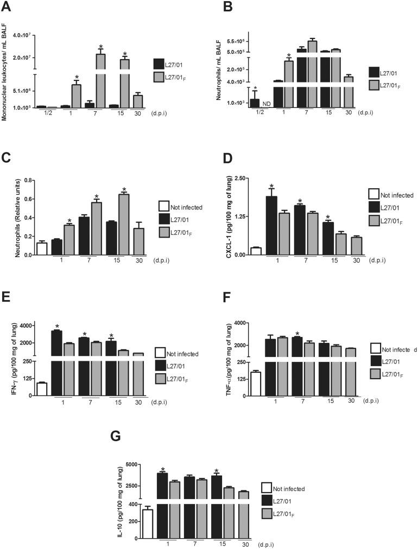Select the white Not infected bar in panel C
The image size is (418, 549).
point(41,248)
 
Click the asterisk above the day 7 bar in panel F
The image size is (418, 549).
point(297,333)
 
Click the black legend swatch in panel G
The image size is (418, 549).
point(267,500)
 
